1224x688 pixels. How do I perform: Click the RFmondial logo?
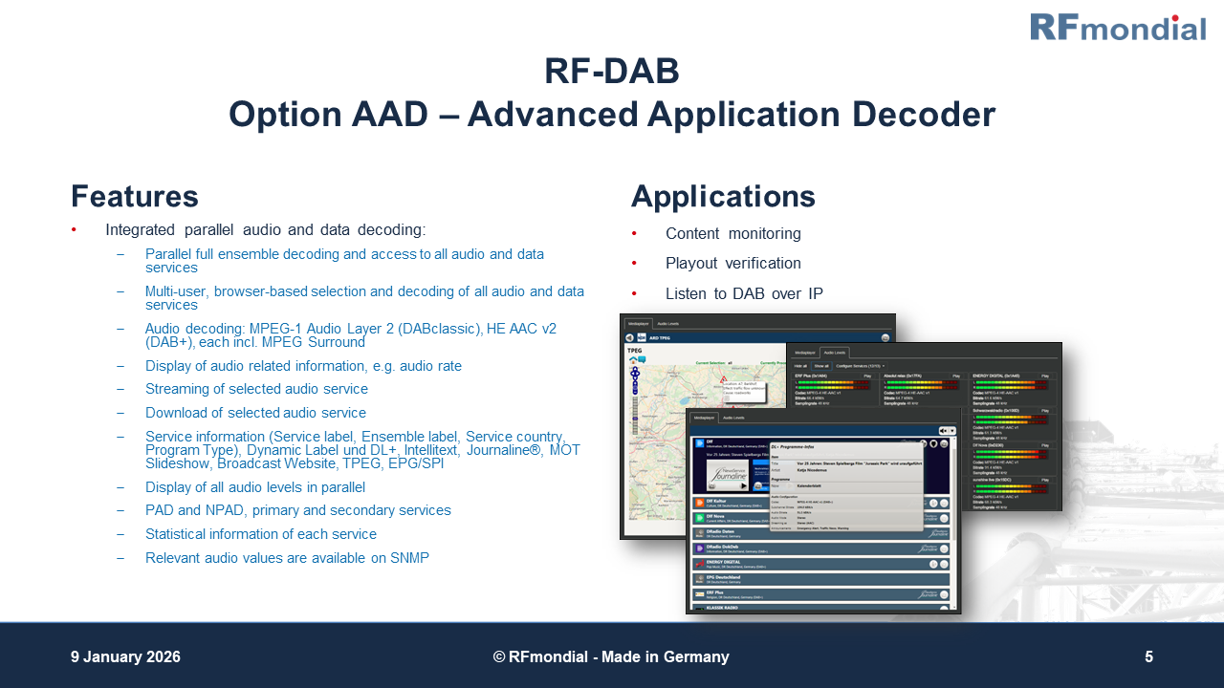point(1117,27)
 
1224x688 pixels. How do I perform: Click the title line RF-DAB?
point(612,72)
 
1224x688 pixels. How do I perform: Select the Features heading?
point(135,197)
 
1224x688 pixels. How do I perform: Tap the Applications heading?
point(723,197)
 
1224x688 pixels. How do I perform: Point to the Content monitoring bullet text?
point(732,234)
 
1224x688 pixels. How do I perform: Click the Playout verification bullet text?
point(732,264)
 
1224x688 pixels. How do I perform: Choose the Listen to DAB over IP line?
point(744,293)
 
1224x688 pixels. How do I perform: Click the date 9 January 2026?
point(125,657)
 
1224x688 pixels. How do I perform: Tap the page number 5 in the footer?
point(1148,657)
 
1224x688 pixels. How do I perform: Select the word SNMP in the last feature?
point(411,558)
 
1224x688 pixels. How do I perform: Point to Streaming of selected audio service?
point(256,389)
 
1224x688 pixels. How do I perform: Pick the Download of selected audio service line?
point(255,413)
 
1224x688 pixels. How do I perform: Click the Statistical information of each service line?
point(260,534)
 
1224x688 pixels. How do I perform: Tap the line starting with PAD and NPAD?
point(297,510)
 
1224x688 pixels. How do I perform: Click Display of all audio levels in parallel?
point(254,487)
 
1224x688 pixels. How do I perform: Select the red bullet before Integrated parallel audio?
point(75,230)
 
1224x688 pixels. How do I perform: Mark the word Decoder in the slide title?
point(924,116)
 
